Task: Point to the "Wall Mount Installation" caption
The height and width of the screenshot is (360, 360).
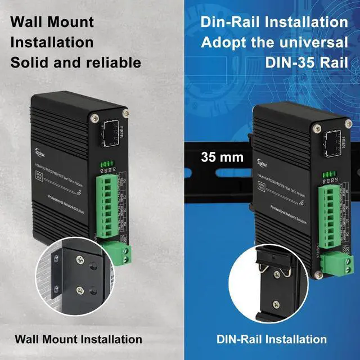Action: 78,339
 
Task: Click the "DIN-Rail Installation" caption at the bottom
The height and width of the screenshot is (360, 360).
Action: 272,339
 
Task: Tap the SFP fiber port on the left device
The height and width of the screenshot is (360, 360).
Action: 109,134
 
